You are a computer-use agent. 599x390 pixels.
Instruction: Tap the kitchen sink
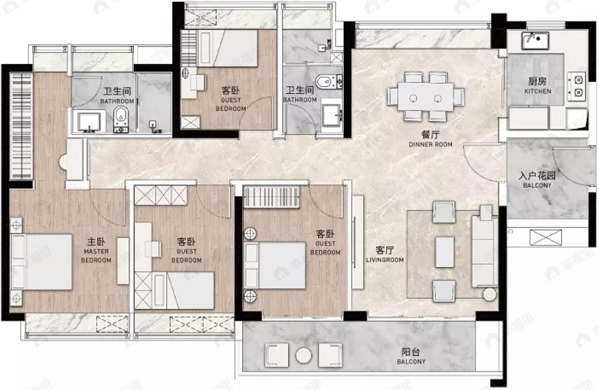tap(535, 40)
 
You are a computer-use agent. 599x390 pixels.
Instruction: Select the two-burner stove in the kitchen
tap(577, 86)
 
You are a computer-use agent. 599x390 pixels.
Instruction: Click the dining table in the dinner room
tap(426, 98)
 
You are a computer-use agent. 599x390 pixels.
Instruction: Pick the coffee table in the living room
tap(445, 251)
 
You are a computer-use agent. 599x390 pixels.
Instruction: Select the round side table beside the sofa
tap(489, 294)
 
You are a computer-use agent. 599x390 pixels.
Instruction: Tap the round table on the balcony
tap(303, 356)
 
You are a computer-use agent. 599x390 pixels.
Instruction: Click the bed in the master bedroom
tap(42, 262)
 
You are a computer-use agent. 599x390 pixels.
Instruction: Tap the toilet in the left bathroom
tap(121, 118)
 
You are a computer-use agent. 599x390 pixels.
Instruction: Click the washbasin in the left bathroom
tap(90, 122)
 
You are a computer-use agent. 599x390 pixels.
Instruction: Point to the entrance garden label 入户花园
tap(537, 176)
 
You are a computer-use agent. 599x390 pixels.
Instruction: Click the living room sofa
tap(484, 251)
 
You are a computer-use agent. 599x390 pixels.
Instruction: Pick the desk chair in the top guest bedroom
tap(199, 82)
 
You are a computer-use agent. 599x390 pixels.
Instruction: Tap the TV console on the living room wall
tap(358, 242)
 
